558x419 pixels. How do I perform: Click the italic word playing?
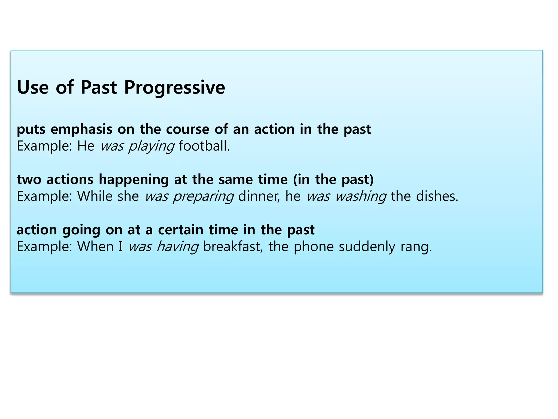[151, 146]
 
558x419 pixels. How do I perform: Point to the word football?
[204, 146]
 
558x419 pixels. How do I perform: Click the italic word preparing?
[203, 196]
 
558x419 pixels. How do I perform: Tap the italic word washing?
[360, 196]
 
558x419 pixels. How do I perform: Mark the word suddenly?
[367, 247]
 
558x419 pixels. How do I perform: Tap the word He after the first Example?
[86, 146]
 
